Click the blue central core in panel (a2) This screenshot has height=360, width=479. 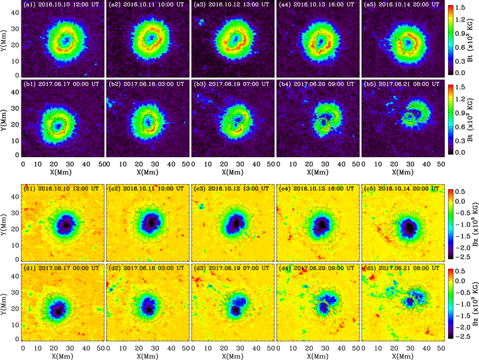click(x=151, y=38)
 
